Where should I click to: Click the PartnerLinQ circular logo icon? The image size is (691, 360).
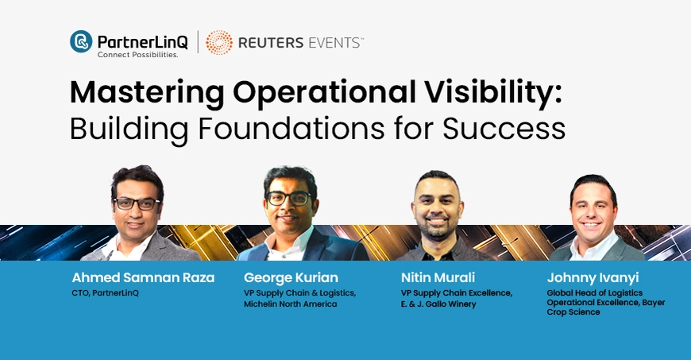pyautogui.click(x=81, y=41)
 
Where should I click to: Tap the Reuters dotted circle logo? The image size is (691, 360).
pyautogui.click(x=219, y=43)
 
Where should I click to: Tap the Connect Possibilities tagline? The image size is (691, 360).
pyautogui.click(x=137, y=55)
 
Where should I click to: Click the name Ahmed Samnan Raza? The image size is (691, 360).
pyautogui.click(x=143, y=278)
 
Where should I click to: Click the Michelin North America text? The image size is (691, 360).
pyautogui.click(x=290, y=304)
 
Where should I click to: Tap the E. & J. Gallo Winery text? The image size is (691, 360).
pyautogui.click(x=438, y=304)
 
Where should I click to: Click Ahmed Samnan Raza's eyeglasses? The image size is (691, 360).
pyautogui.click(x=137, y=203)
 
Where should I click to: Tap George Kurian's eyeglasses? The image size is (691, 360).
pyautogui.click(x=288, y=199)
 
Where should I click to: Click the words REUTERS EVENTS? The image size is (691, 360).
pyautogui.click(x=300, y=43)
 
